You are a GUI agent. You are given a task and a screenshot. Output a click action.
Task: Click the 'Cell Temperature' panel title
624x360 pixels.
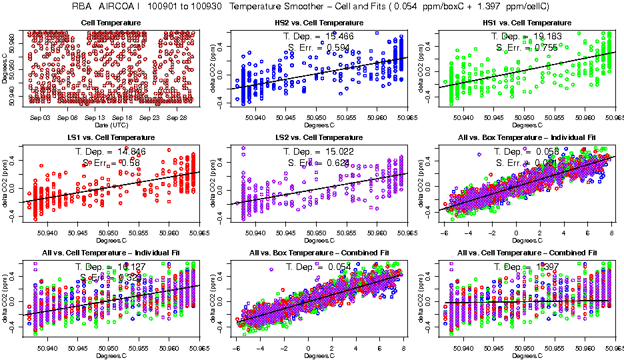click(x=111, y=23)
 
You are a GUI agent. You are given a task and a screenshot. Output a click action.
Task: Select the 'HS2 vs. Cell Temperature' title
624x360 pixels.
click(x=319, y=23)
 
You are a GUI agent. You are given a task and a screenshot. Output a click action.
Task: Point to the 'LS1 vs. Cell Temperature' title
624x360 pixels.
click(x=111, y=137)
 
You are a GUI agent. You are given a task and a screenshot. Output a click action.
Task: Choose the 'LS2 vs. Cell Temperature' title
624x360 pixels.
click(x=319, y=137)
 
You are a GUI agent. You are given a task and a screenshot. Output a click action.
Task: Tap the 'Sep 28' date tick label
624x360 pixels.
click(x=177, y=117)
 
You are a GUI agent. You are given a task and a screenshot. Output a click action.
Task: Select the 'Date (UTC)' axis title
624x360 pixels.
click(x=111, y=125)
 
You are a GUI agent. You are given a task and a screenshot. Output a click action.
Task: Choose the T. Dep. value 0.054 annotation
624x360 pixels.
click(x=340, y=267)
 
